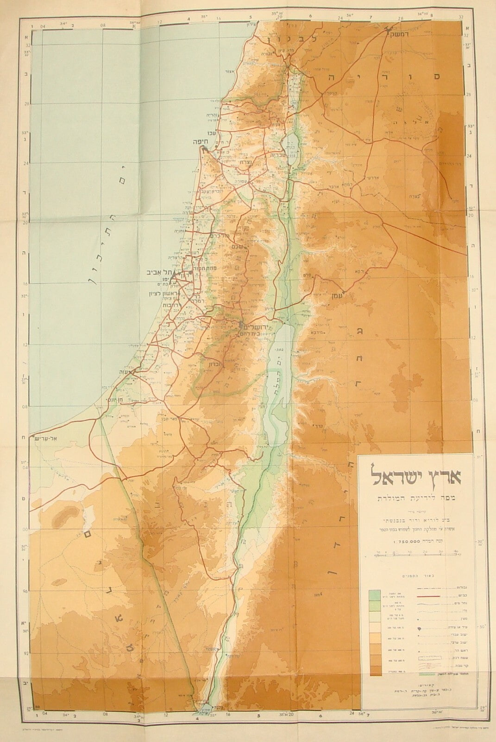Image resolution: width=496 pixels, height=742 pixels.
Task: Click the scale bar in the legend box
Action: point(415,553)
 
